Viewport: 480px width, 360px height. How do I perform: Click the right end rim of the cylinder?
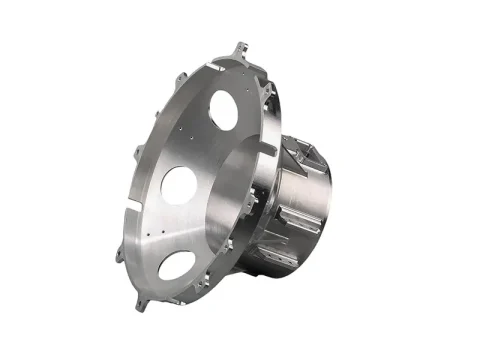pyautogui.click(x=326, y=205)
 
